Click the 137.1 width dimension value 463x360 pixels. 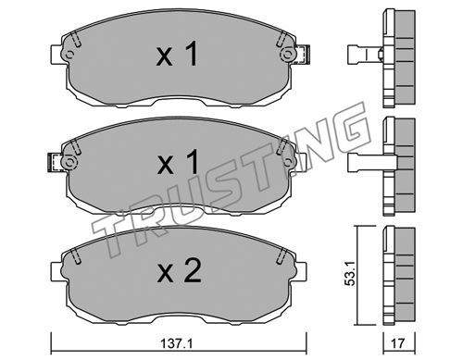click(177, 343)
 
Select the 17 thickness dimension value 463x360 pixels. click(398, 342)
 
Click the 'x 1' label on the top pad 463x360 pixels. click(177, 55)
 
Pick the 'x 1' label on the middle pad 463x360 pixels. click(178, 163)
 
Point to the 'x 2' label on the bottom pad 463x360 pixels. click(180, 271)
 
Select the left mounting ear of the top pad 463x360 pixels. click(58, 55)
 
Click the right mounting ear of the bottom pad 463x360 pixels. click(300, 271)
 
